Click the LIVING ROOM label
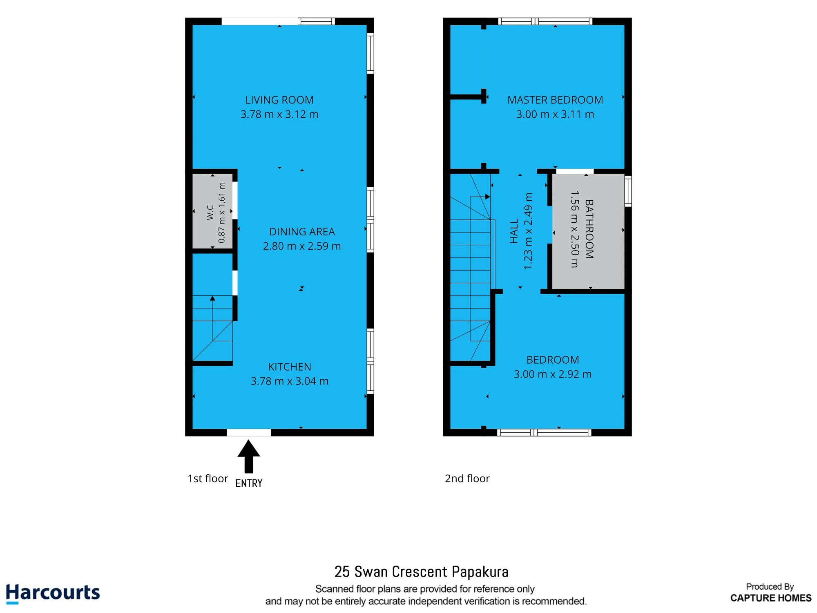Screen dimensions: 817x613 pyautogui.click(x=279, y=100)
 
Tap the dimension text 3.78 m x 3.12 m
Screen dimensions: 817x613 pyautogui.click(x=279, y=114)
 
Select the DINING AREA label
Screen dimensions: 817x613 pyautogui.click(x=302, y=232)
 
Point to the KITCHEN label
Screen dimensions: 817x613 pyautogui.click(x=290, y=367)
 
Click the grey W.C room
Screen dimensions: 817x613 pyautogui.click(x=212, y=211)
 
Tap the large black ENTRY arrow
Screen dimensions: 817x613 pyautogui.click(x=249, y=456)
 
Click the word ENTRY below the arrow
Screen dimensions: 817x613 pyautogui.click(x=249, y=483)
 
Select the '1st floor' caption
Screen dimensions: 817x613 pyautogui.click(x=208, y=479)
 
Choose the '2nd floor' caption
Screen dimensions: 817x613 pyautogui.click(x=467, y=479)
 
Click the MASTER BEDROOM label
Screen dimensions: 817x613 pyautogui.click(x=555, y=100)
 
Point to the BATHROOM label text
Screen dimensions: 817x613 pyautogui.click(x=589, y=229)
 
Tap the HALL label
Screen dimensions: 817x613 pyautogui.click(x=514, y=231)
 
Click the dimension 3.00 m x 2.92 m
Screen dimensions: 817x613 pyautogui.click(x=553, y=374)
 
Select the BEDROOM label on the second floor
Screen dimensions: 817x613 pyautogui.click(x=553, y=360)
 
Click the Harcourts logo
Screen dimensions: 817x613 pyautogui.click(x=53, y=593)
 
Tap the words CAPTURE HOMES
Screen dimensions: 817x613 pyautogui.click(x=771, y=598)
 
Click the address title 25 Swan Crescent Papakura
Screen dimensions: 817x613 pyautogui.click(x=422, y=572)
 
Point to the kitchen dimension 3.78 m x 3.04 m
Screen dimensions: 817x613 pyautogui.click(x=290, y=381)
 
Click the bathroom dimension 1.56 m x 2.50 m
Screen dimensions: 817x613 pyautogui.click(x=575, y=229)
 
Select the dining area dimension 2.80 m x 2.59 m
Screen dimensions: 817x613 pyautogui.click(x=302, y=246)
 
